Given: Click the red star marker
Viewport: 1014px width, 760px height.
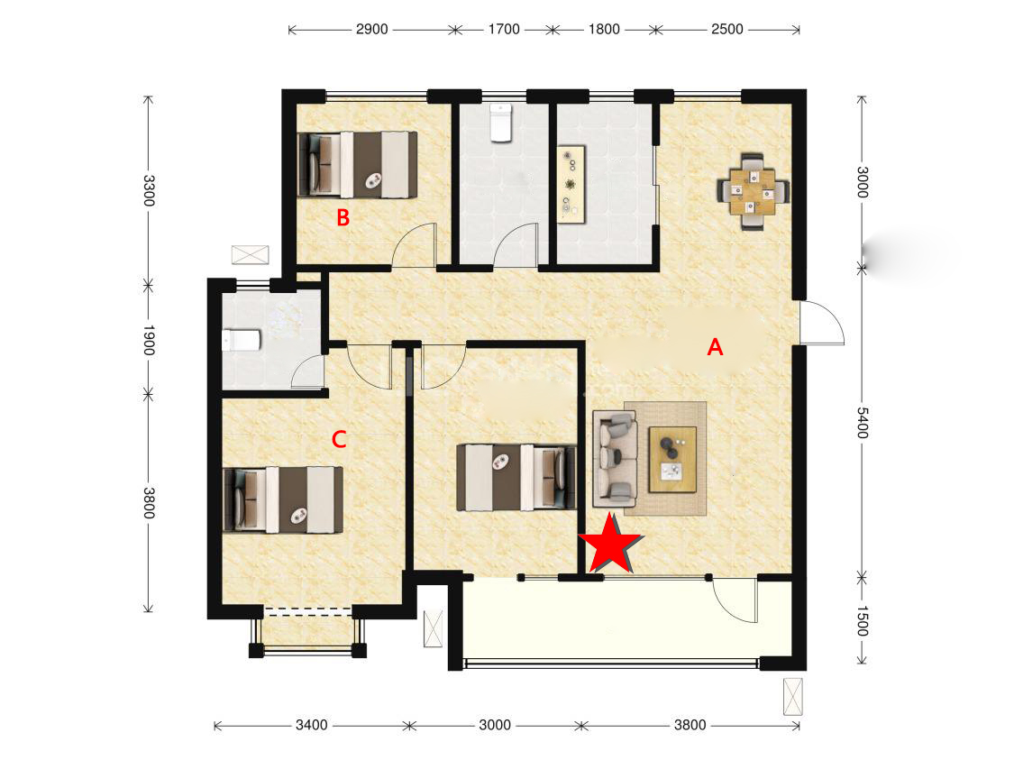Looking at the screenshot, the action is click(610, 545).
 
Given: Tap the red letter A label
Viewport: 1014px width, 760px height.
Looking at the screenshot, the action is click(715, 347).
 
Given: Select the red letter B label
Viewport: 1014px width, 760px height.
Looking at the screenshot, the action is click(343, 217).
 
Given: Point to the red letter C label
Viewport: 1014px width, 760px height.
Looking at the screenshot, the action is click(339, 440).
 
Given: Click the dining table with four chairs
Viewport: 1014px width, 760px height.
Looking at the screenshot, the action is click(754, 191).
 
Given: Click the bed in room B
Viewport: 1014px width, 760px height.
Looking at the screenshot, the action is click(357, 164).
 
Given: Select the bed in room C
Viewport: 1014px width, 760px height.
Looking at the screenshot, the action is click(283, 500).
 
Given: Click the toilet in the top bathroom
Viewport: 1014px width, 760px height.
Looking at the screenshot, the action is click(500, 123).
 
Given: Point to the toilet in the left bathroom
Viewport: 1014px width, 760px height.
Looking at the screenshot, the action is click(242, 340).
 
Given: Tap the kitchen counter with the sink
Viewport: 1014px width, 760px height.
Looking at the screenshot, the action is click(571, 183).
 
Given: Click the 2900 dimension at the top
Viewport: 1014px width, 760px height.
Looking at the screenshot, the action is click(372, 29).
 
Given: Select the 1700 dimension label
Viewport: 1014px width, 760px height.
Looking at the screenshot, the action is click(504, 29).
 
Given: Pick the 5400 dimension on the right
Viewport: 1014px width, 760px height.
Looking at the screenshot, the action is click(862, 422).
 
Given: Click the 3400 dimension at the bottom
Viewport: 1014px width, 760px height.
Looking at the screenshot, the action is click(312, 725).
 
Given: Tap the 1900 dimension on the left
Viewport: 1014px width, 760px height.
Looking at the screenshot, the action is click(149, 340).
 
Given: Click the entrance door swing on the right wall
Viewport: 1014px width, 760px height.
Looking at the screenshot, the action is click(822, 323).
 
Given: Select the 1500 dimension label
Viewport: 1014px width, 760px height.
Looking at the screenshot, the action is click(862, 621).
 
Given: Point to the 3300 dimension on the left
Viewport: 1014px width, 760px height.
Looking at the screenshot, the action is click(149, 190).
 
